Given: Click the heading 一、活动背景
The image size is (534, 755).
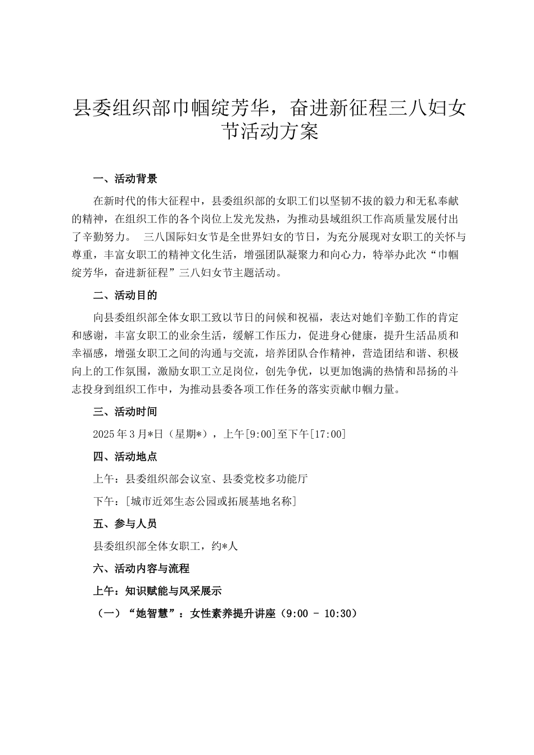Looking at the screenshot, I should [x=125, y=179].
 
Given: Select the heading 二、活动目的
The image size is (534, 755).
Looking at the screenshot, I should [x=125, y=295].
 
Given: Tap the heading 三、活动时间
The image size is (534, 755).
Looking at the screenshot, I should [x=125, y=412].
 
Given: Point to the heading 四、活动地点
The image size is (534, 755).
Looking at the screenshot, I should [x=125, y=457].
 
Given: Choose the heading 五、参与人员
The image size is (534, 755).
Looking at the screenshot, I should [x=125, y=524].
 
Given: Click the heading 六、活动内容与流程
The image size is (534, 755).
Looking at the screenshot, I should [x=141, y=568].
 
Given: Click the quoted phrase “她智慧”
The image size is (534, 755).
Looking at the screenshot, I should [x=149, y=614].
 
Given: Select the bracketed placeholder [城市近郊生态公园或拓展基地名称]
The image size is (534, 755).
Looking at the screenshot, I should [x=211, y=501].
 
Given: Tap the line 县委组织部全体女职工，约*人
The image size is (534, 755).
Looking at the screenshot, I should [x=166, y=546].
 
